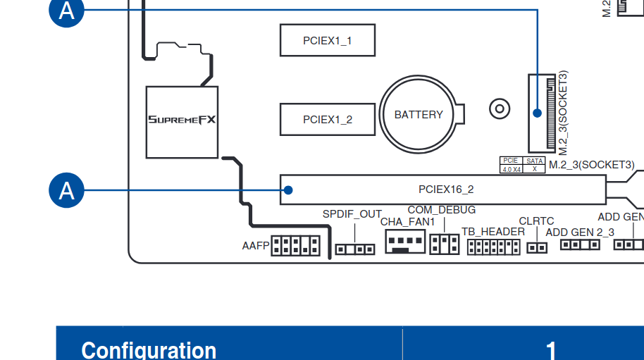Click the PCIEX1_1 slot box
pos(327,40)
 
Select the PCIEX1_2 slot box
pos(327,119)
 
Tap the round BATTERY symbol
pos(419,114)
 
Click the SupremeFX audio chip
pos(182,121)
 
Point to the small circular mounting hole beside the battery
pos(499,108)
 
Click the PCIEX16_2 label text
pos(446,190)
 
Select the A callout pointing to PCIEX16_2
pos(66,190)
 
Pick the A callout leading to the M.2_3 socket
pos(66,11)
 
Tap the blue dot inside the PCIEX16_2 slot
pos(288,190)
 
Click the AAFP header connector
pos(295,246)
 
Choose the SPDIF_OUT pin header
pos(354,249)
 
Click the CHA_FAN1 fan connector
pos(405,243)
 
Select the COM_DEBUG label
pos(441,210)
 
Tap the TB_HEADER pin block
pos(493,247)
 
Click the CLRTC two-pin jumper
pos(537,247)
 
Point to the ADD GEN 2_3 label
pos(580,232)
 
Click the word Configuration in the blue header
pos(149,349)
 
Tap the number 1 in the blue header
pos(552,349)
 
